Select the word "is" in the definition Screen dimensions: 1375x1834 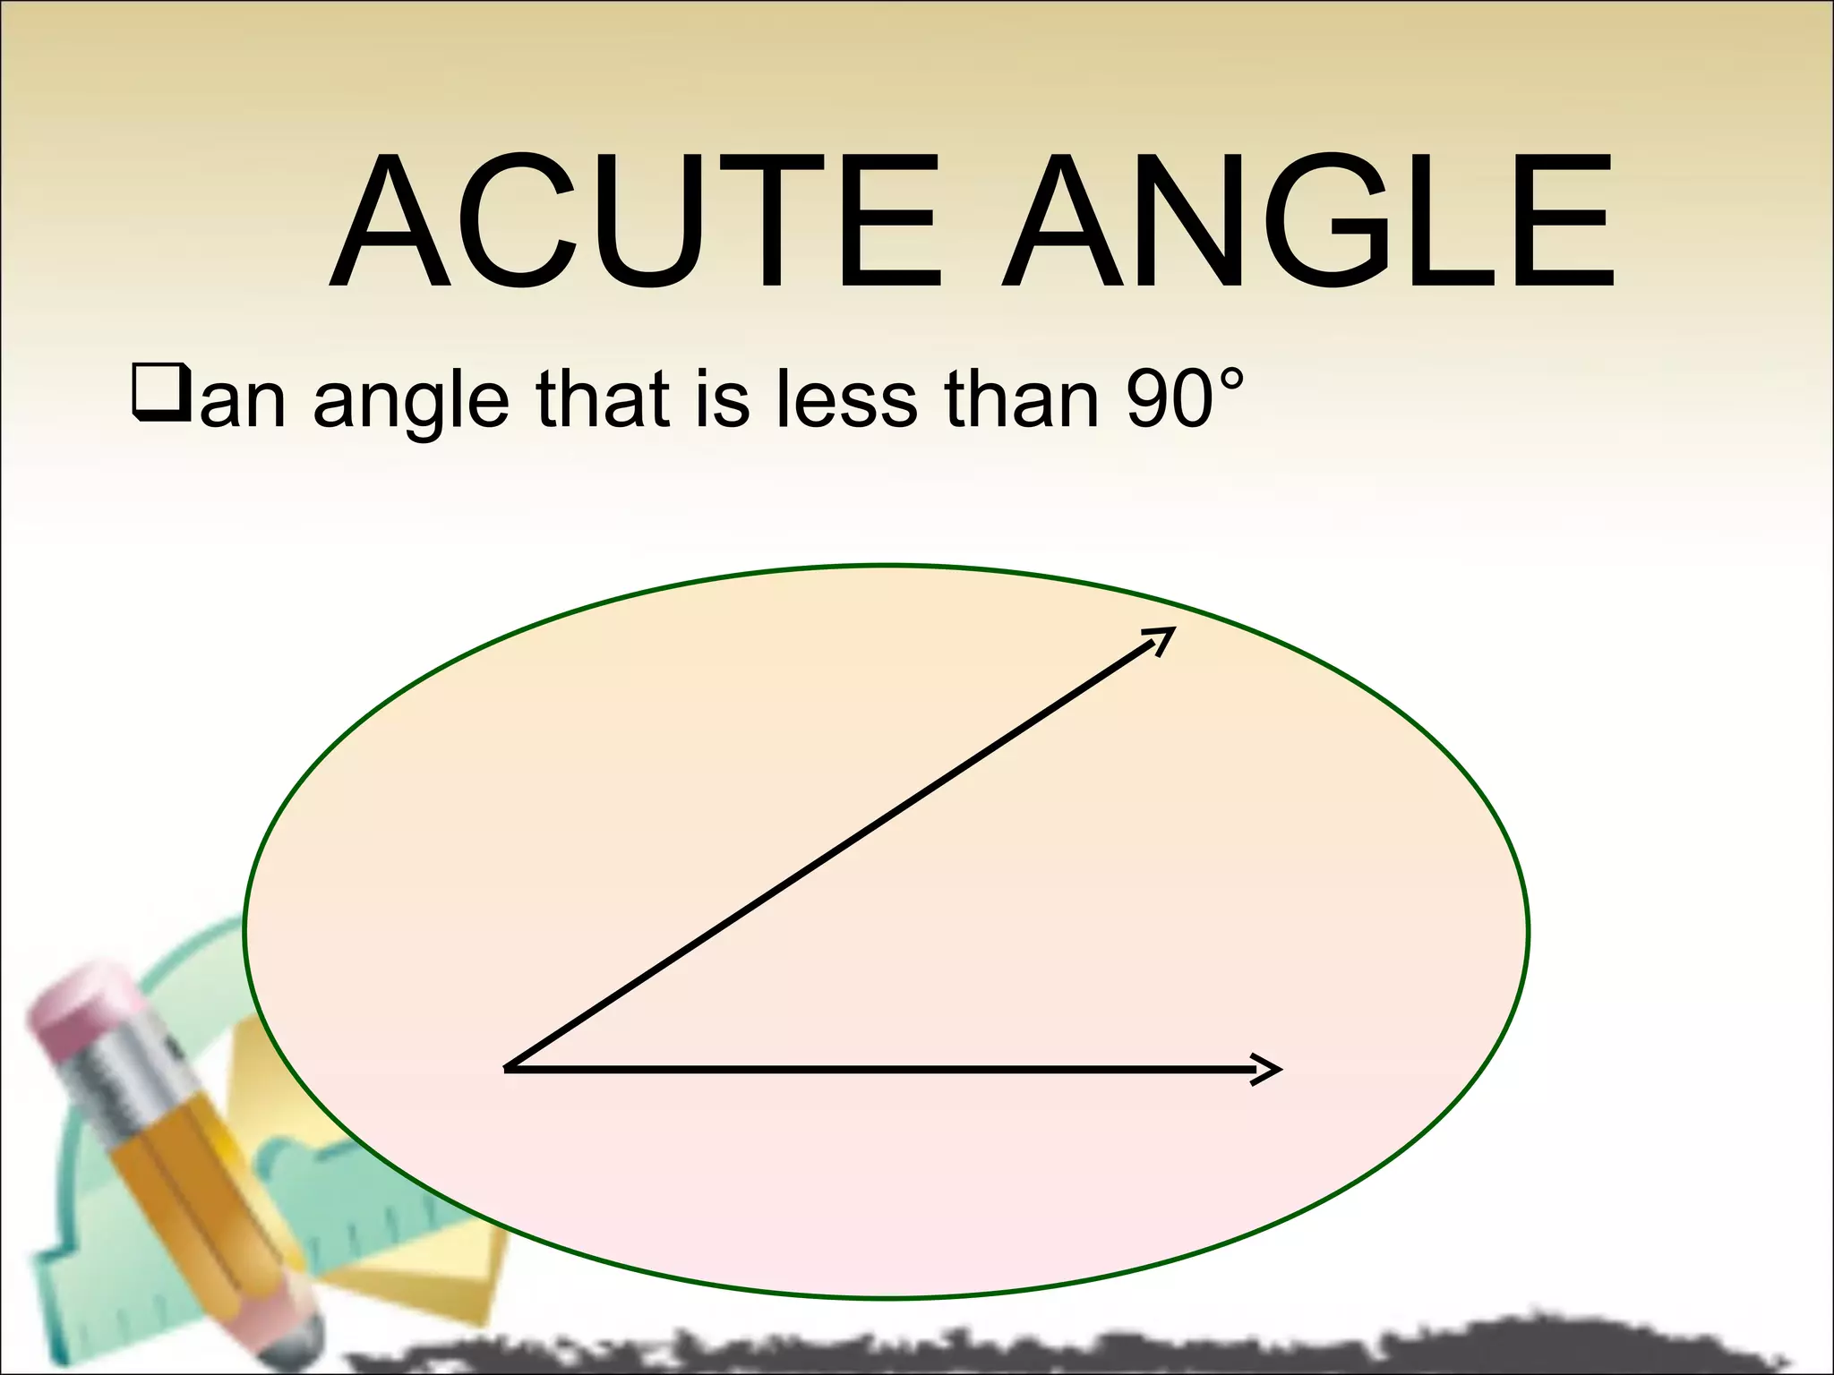[722, 398]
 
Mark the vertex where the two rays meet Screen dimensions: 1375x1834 [508, 1067]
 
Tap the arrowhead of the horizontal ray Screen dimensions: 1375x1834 [1270, 1068]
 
